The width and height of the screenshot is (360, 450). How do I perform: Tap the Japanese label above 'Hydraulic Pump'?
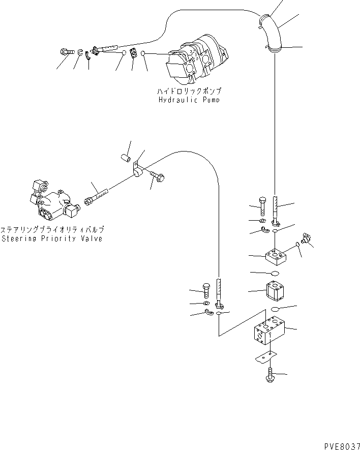point(189,92)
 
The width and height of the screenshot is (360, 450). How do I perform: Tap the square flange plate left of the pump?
point(133,53)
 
